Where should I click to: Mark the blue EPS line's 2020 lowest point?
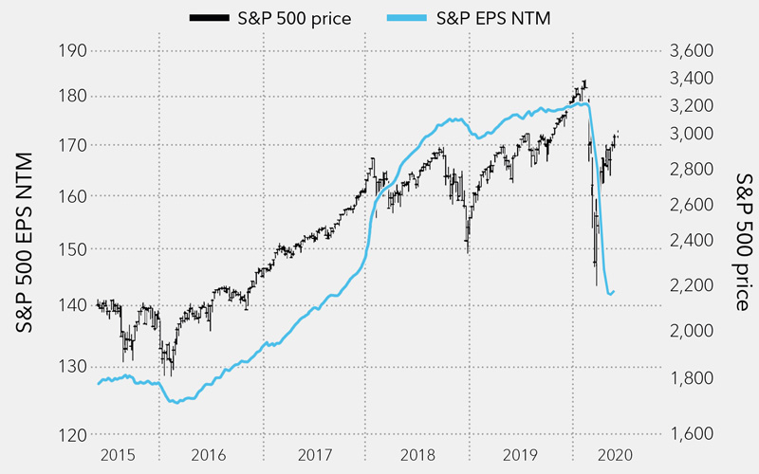(608, 295)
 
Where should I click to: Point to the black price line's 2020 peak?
(584, 82)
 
